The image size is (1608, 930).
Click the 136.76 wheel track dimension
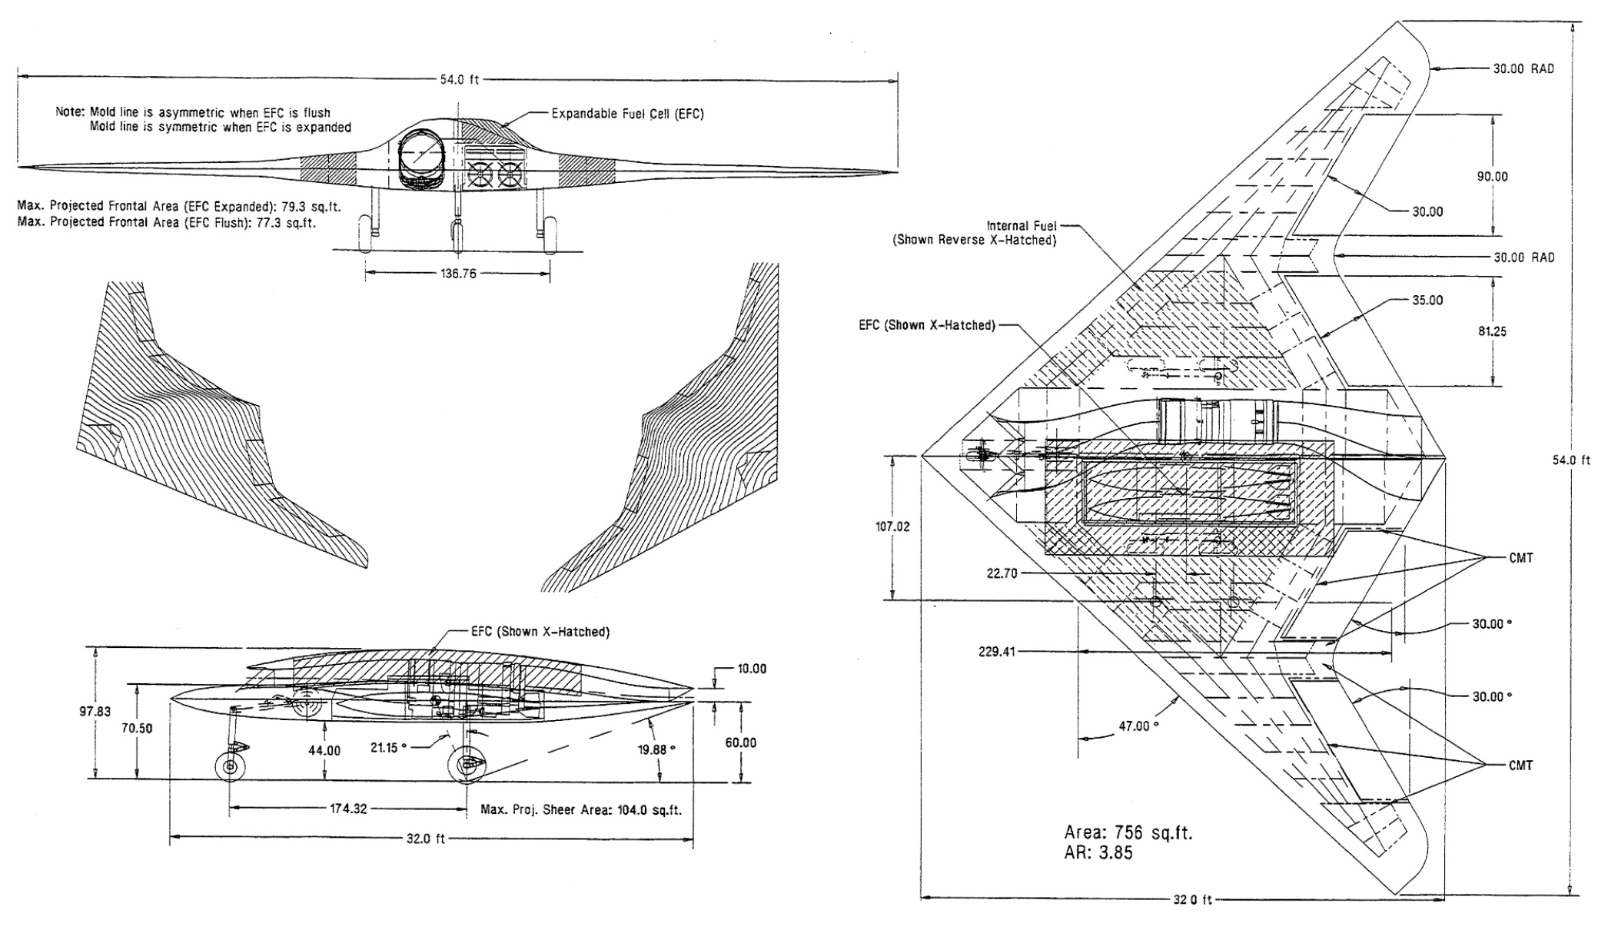point(458,273)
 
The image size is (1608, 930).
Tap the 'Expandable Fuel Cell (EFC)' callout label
point(627,114)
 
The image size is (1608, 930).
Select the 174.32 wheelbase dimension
point(349,809)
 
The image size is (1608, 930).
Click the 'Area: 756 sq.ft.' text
point(1128,832)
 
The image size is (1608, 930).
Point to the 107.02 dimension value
point(892,527)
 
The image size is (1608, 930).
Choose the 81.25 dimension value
point(1492,331)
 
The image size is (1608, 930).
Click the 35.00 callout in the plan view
point(1427,301)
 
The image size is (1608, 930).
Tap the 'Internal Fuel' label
point(1022,226)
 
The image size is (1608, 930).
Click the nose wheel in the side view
point(229,767)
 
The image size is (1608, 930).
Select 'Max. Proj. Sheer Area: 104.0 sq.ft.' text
point(580,809)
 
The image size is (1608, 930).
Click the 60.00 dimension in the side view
point(741,742)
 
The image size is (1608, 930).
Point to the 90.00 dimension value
point(1492,177)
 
